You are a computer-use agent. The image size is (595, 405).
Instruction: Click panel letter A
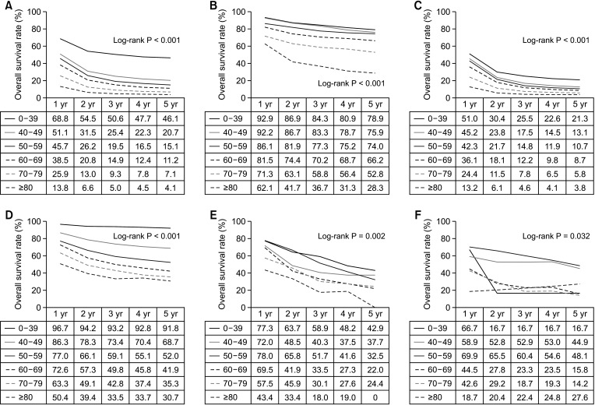tap(5, 6)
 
